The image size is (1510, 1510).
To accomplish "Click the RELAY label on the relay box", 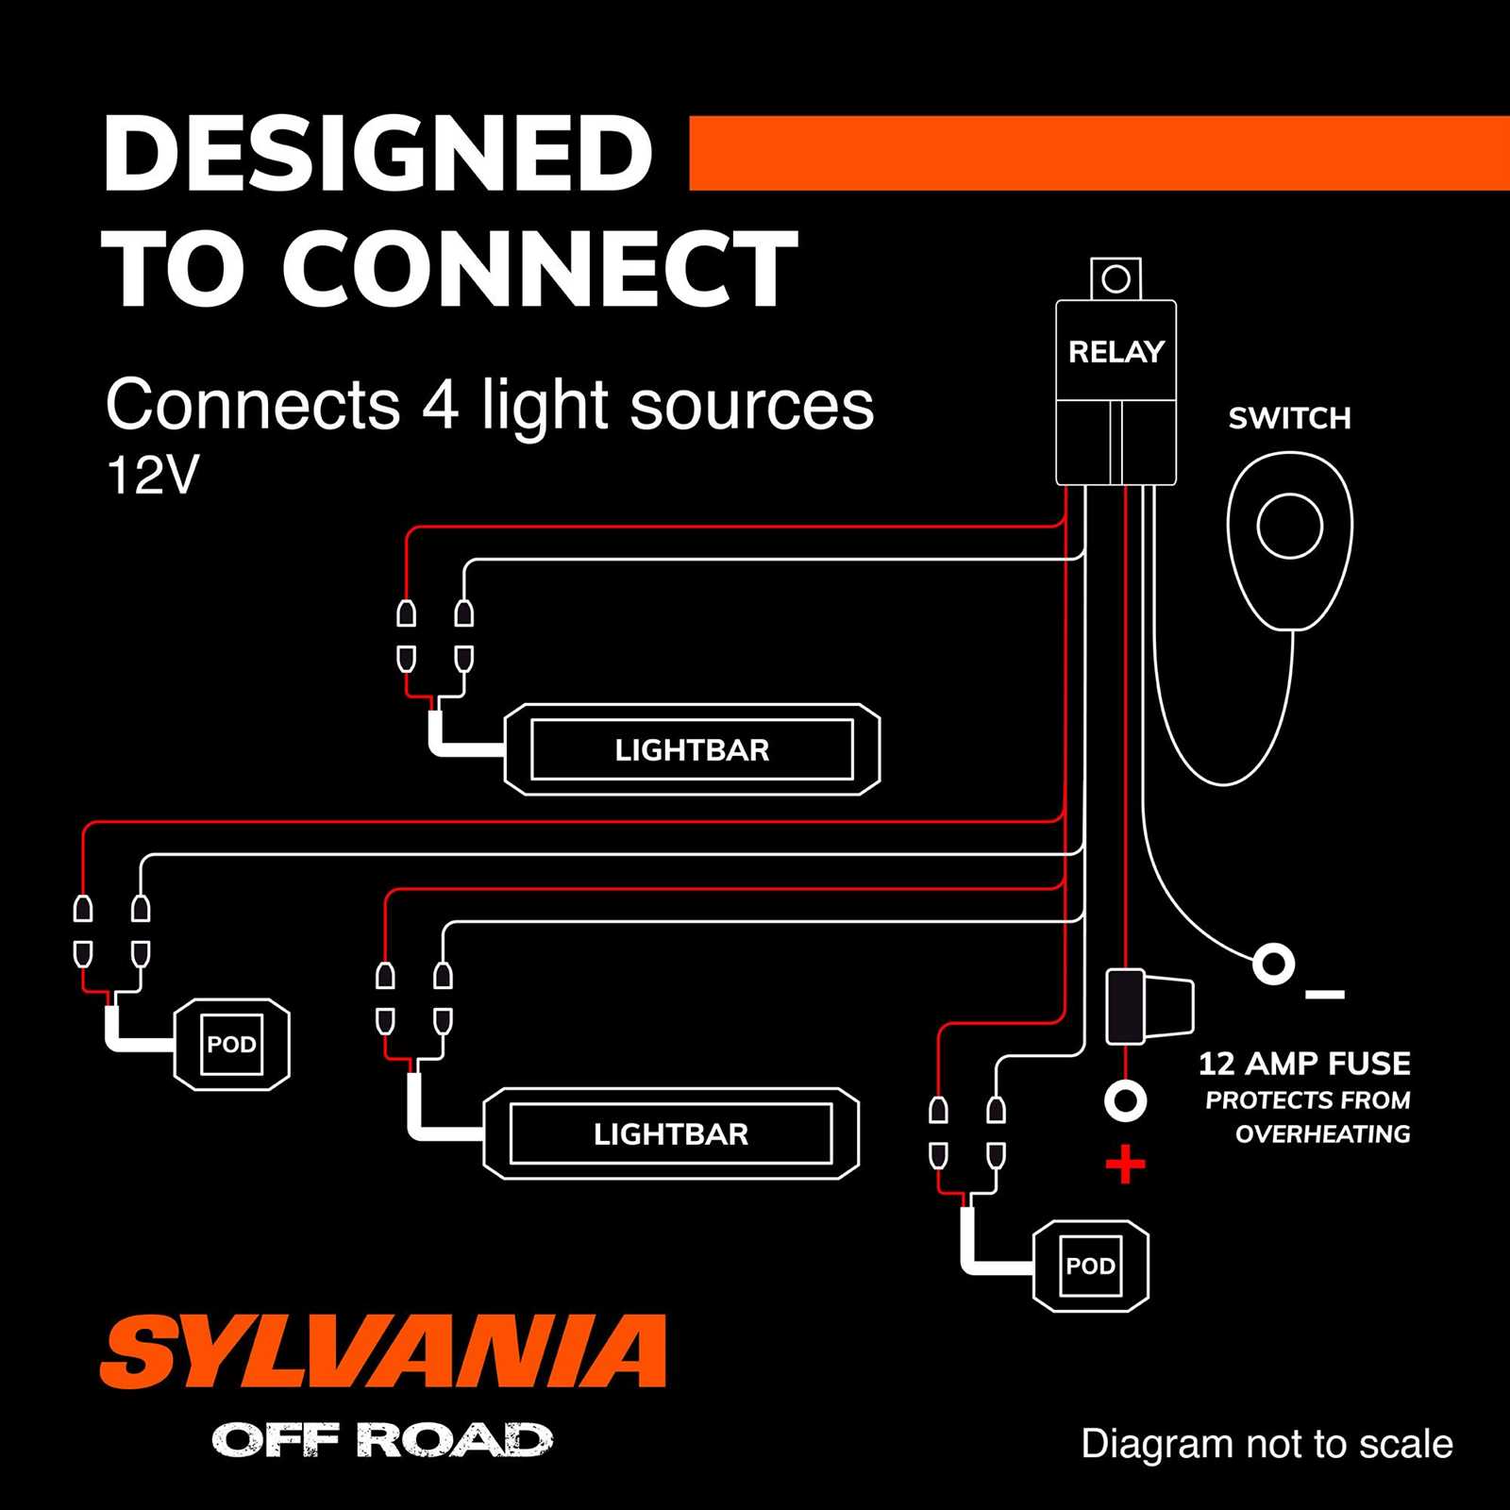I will [x=1116, y=352].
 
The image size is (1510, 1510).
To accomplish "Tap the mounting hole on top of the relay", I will [x=1116, y=279].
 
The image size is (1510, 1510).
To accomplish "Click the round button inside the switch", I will [x=1289, y=526].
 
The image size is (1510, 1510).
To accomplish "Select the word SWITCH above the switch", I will [x=1289, y=418].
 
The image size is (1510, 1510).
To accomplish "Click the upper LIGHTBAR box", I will [x=692, y=750].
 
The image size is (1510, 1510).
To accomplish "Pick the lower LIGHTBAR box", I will [x=670, y=1133].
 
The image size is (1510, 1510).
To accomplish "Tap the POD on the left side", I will [x=231, y=1045].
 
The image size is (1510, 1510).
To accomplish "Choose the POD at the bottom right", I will [x=1090, y=1266].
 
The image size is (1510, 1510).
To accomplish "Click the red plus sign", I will [x=1125, y=1165].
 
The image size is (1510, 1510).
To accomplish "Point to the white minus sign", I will [x=1324, y=995].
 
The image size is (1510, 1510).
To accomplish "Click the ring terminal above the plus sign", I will [x=1125, y=1100].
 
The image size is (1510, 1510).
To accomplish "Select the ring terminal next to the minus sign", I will [x=1273, y=965].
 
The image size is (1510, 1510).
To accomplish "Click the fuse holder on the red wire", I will [x=1147, y=1007].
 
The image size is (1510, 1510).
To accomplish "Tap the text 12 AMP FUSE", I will [x=1304, y=1064].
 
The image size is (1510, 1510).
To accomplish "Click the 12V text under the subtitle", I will [x=152, y=476].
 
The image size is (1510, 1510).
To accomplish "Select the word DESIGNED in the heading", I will [x=377, y=154].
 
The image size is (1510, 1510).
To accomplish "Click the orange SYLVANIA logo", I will [x=382, y=1351].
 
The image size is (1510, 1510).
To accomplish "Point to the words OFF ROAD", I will [x=382, y=1440].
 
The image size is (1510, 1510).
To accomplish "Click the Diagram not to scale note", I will [x=1267, y=1444].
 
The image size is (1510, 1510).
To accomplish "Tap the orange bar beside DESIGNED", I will [x=1099, y=153].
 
